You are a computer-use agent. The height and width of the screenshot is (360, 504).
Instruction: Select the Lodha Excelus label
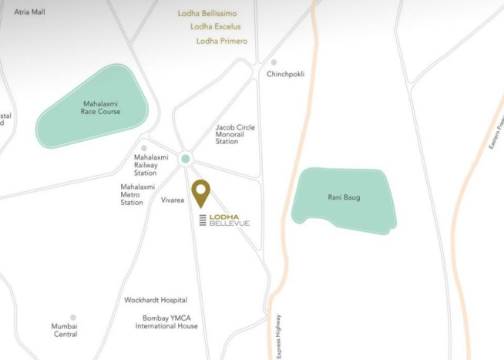point(216,27)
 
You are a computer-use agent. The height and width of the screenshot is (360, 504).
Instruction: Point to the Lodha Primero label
point(222,41)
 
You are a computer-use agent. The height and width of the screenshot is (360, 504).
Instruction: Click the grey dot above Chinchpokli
point(273,62)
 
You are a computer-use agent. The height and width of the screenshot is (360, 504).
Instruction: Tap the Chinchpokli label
point(285,75)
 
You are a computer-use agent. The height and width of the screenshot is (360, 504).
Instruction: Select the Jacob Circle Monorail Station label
point(236,134)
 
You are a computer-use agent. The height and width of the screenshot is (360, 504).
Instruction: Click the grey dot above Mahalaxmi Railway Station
point(144,148)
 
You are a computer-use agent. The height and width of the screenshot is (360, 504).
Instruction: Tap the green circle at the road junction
point(185,160)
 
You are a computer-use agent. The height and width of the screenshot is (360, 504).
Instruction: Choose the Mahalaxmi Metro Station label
point(138,194)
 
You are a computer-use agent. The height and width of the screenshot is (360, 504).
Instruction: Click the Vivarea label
point(173,200)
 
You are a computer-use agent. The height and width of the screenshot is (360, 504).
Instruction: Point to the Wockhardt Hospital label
point(156,300)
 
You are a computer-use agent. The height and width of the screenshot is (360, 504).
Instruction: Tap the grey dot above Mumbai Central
point(73,318)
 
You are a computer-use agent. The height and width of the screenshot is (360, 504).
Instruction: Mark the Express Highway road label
point(280,336)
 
